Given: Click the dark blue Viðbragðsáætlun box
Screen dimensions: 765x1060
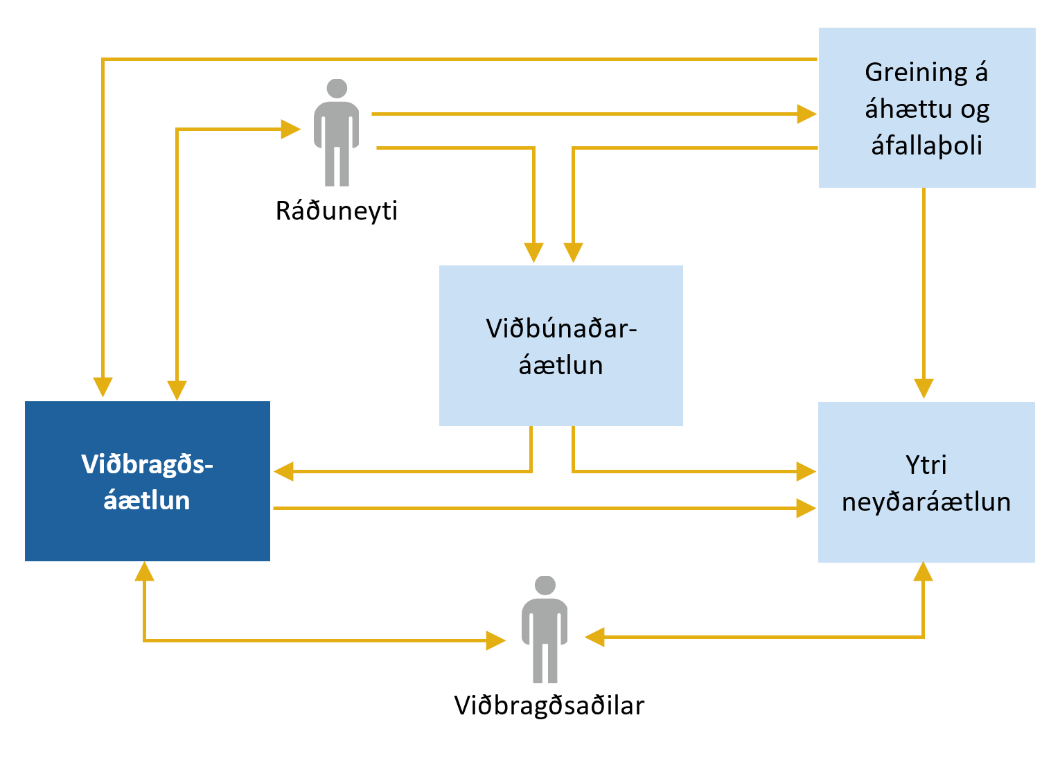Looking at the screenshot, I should click(147, 481).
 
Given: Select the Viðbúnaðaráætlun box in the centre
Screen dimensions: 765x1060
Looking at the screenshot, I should click(560, 345).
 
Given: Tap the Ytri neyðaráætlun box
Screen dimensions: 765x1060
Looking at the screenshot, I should click(926, 482).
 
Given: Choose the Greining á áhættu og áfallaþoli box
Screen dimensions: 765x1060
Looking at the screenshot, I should click(926, 107).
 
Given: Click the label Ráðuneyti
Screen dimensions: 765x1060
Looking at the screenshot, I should click(337, 211).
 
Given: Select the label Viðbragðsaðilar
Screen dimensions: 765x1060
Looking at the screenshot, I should click(549, 705).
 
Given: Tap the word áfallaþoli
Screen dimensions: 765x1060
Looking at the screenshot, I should click(926, 146).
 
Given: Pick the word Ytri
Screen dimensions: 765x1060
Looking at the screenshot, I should click(926, 464).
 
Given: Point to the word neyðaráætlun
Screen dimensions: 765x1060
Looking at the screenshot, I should click(926, 501).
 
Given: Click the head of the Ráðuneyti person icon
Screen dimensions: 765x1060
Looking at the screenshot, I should click(337, 88).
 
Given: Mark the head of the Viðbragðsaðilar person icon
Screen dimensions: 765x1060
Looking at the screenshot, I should click(545, 585).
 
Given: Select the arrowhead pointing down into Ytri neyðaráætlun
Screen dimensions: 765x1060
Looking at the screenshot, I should click(924, 388).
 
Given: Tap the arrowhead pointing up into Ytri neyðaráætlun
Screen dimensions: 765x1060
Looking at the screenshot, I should click(923, 572).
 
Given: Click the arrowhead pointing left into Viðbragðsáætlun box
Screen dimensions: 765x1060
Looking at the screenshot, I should click(284, 472).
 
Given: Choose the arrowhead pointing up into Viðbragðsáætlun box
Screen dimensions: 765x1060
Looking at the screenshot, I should click(144, 571).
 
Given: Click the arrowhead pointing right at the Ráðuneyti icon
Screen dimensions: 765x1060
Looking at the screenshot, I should click(290, 129).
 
